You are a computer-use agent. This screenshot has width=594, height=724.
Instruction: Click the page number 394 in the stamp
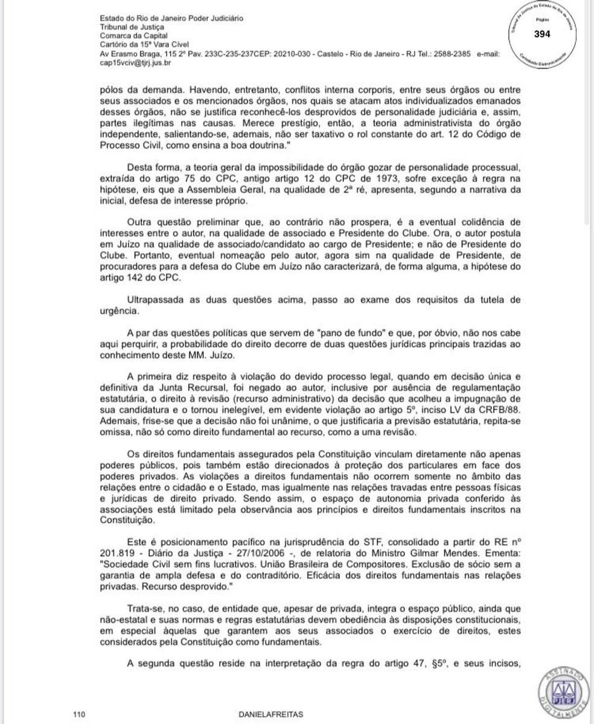point(542,34)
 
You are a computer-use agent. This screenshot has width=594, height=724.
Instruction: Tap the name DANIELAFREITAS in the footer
point(271,714)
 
